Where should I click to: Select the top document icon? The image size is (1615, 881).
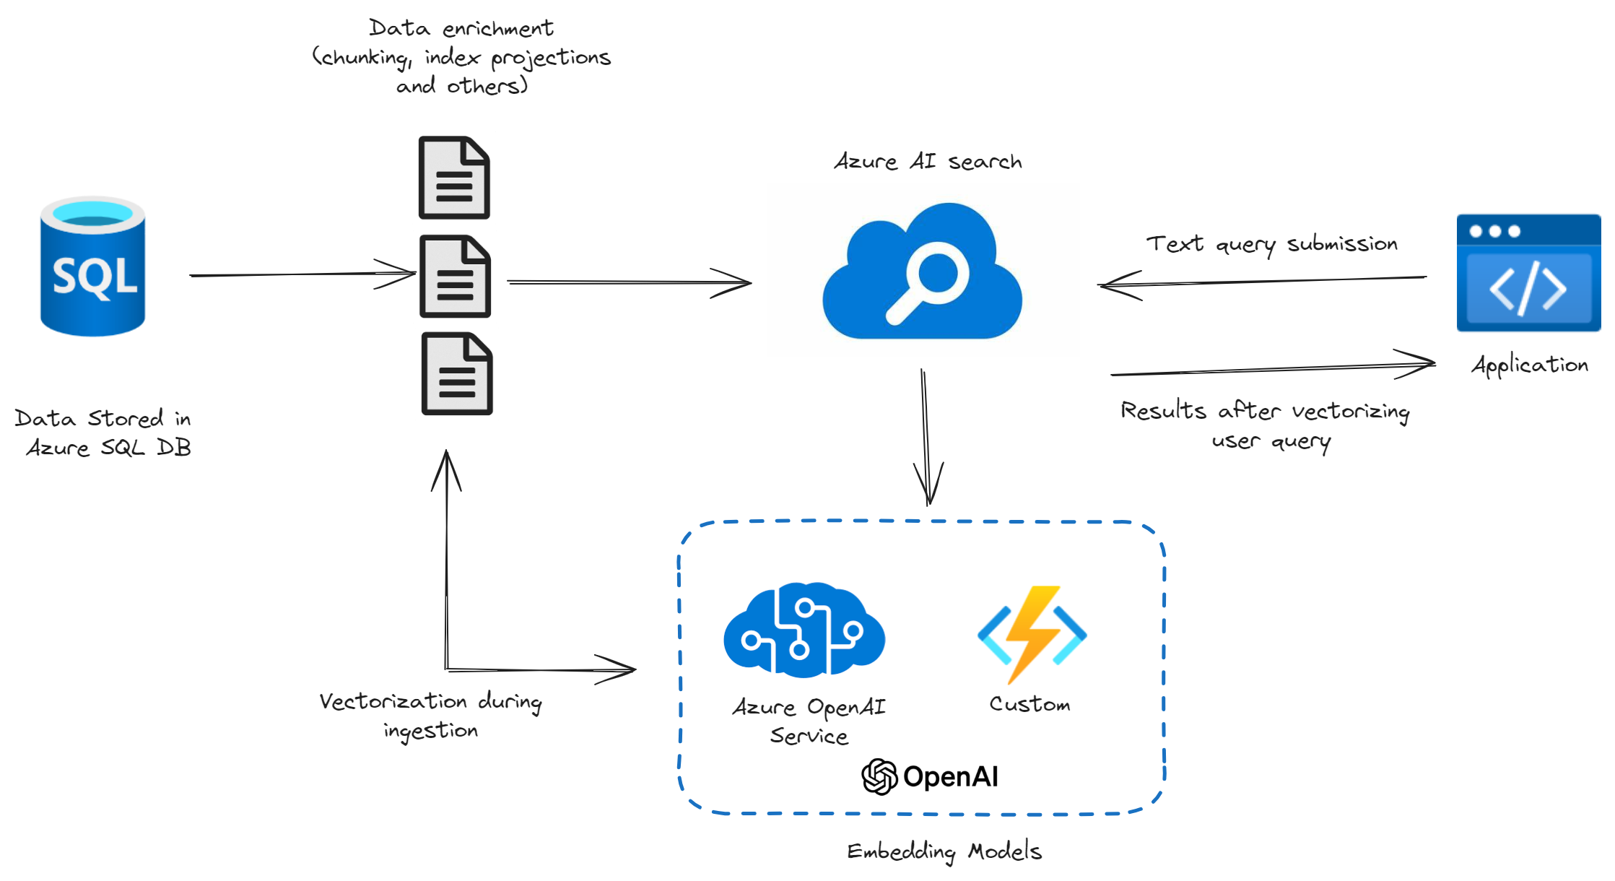coord(454,178)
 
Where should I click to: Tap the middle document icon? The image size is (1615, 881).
coord(455,277)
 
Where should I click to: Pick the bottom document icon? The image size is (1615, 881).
coord(456,374)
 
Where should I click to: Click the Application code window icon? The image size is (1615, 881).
coord(1528,273)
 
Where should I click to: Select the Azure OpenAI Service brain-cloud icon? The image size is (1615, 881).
coord(804,630)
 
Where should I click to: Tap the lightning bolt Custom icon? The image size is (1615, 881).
coord(1032,634)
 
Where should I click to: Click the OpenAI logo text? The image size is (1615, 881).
coord(931,777)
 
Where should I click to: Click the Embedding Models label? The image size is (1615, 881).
coord(944,851)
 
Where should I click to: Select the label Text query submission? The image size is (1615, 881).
coord(1271,244)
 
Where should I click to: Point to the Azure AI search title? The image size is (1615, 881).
coord(928,161)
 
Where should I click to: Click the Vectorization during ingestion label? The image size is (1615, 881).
coord(431,715)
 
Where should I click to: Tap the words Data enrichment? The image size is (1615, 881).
coord(461,28)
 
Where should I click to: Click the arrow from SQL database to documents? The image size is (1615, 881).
coord(289,274)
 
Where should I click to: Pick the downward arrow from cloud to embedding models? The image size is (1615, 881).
coord(926,433)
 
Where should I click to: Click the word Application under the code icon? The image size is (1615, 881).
coord(1529,365)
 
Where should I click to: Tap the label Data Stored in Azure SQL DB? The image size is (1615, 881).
coord(103,433)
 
